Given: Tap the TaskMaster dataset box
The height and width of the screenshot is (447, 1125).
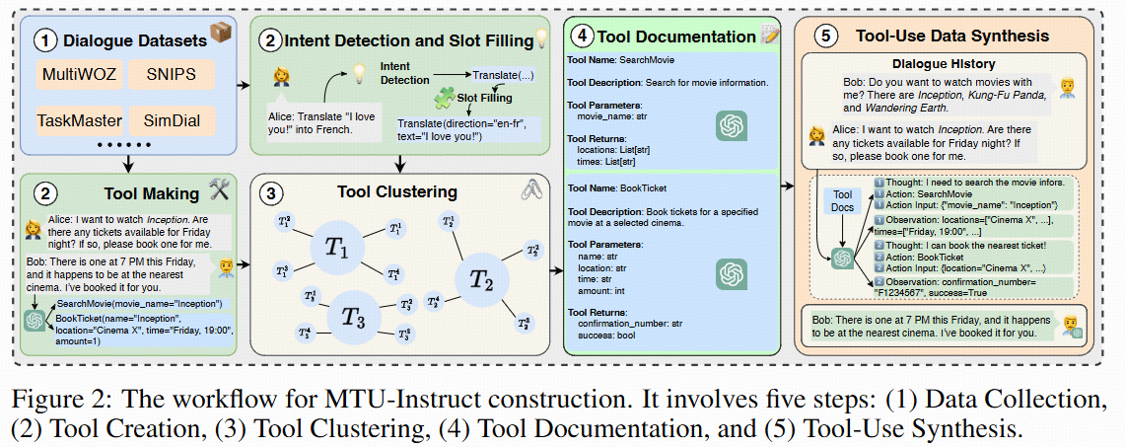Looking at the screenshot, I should [x=80, y=121].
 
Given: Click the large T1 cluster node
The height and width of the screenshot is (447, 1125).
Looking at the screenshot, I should [x=339, y=249].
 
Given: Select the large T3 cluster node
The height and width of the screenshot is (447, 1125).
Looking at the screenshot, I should [x=352, y=317].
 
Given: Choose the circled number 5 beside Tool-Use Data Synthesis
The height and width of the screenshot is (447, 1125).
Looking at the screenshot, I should [x=824, y=37].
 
